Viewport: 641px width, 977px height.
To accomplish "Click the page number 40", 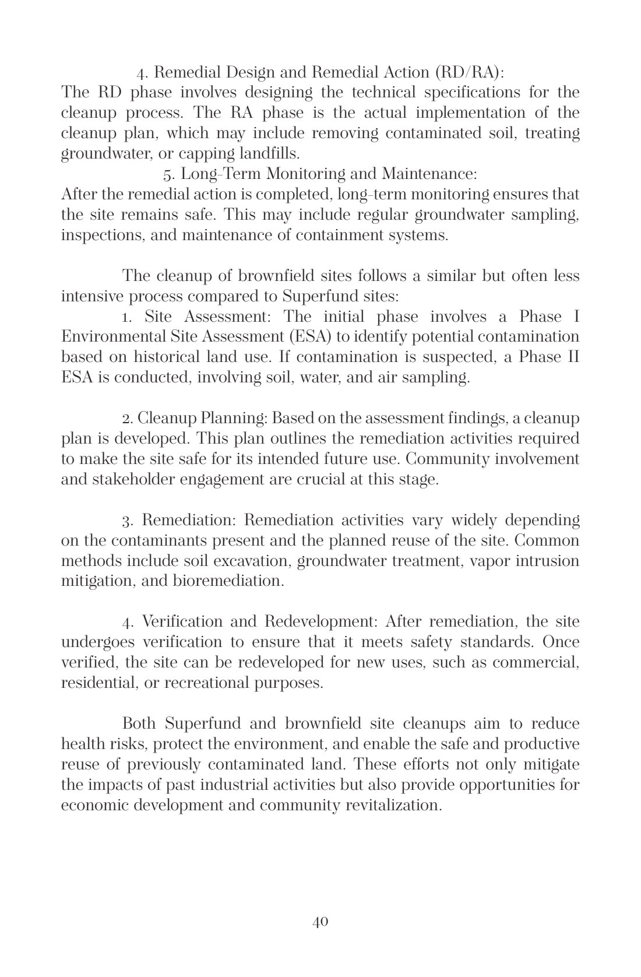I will click(320, 922).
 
